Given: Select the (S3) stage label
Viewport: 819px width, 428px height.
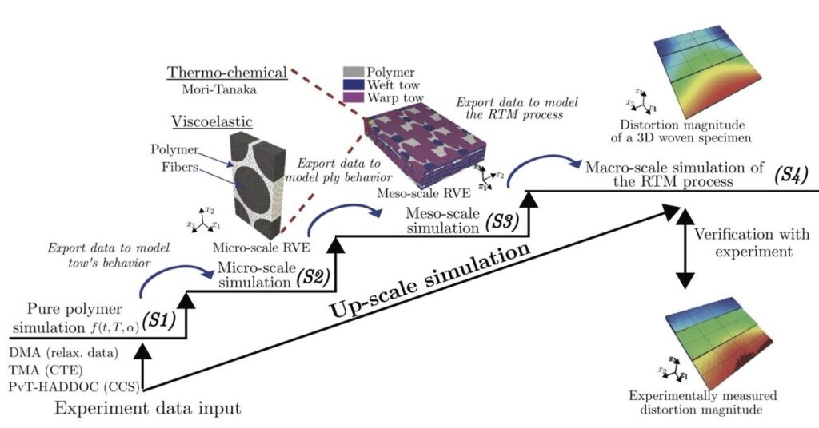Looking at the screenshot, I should pyautogui.click(x=502, y=223).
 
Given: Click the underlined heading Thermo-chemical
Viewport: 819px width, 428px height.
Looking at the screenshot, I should pyautogui.click(x=227, y=73).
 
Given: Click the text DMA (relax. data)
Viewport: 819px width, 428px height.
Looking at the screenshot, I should pyautogui.click(x=62, y=351).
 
